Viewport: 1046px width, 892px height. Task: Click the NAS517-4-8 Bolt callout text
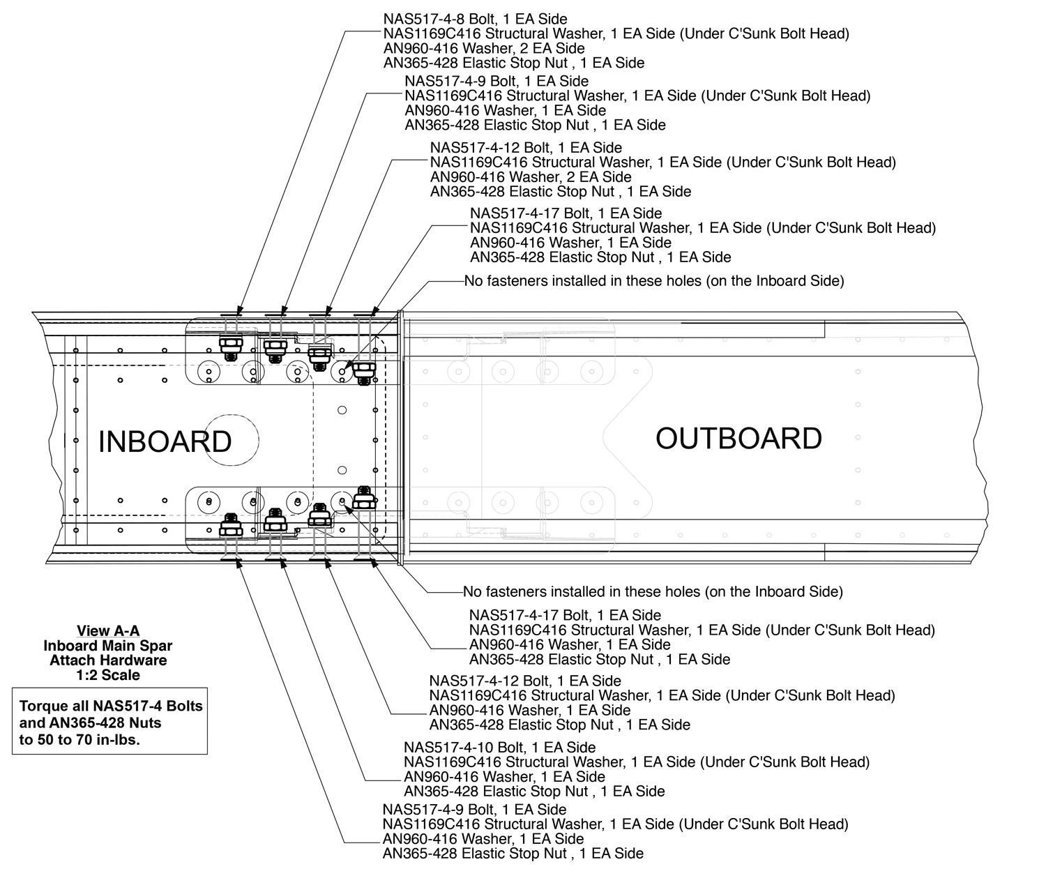tap(475, 19)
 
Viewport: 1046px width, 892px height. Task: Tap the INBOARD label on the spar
tap(165, 441)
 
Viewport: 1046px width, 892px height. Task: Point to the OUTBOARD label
tap(738, 438)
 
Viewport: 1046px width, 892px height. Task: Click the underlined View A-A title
tap(108, 631)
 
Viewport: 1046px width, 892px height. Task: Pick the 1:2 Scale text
tap(108, 675)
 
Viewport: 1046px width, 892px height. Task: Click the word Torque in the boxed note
tap(43, 706)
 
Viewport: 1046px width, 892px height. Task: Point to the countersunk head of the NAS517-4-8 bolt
tap(231, 315)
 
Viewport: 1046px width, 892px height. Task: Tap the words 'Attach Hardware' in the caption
tap(108, 660)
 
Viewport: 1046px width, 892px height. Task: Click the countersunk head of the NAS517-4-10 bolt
tap(275, 559)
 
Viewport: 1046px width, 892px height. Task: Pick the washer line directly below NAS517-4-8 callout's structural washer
tap(484, 48)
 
